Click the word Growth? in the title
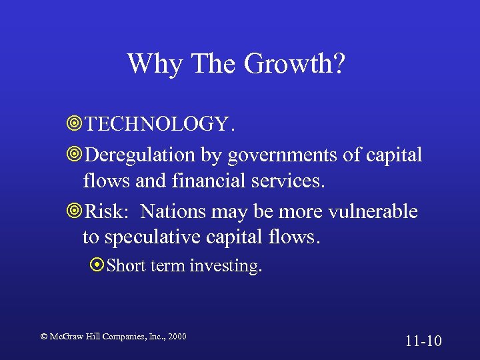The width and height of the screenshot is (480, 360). click(295, 65)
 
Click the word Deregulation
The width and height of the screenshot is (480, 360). click(141, 155)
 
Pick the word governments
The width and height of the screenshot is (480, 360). click(278, 155)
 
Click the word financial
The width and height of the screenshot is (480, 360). click(205, 181)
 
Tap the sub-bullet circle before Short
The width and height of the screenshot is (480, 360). click(98, 266)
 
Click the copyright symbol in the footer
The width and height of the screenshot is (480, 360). click(44, 337)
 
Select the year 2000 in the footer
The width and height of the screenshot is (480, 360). click(177, 337)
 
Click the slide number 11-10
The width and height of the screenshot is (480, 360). click(423, 341)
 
